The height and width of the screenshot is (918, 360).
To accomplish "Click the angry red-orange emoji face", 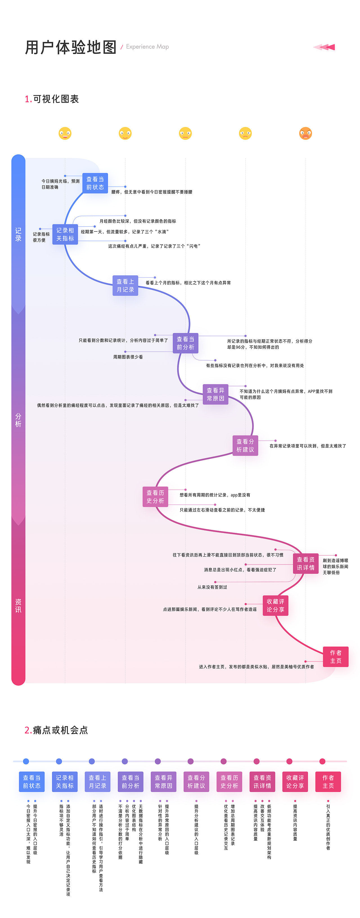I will pos(305,133).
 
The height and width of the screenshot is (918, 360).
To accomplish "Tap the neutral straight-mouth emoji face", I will pos(185,133).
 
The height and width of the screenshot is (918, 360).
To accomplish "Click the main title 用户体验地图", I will pos(71,48).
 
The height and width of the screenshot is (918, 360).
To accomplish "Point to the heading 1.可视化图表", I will pos(52,99).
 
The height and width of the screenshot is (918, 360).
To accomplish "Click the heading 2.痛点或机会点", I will pos(56,730).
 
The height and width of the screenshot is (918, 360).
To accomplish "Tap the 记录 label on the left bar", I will pos(18,235).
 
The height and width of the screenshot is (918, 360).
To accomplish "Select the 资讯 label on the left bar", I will pos(18,606).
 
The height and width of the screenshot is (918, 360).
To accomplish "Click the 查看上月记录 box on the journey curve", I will pos(125,285).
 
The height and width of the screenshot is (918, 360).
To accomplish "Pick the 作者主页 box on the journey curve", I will pos(336,656).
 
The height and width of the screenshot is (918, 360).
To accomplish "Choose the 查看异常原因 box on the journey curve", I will pos(215,394).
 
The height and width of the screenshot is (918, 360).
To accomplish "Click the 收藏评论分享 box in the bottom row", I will pos(295,782).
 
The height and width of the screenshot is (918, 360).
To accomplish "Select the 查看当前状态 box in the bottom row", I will pos(32,782).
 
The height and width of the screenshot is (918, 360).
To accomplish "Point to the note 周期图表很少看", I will pos(128,357).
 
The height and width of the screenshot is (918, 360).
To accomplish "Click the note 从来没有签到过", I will pos(212,587).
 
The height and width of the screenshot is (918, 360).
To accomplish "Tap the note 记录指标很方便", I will pos(41,237).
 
